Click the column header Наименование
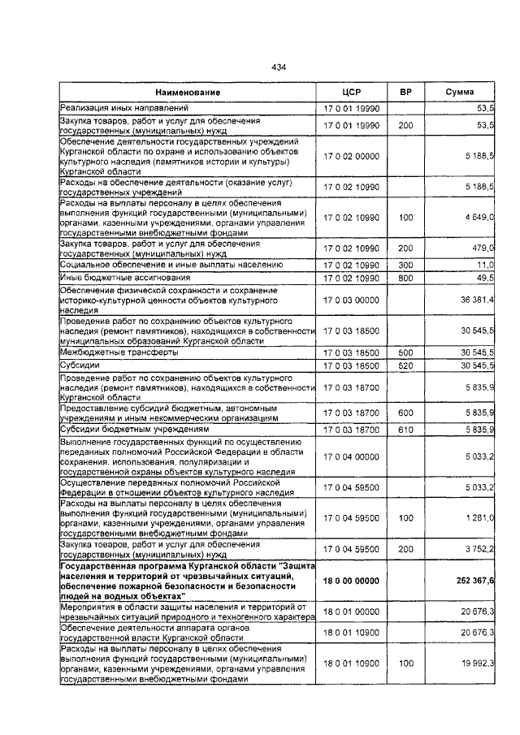point(188,93)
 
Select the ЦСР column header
point(351,93)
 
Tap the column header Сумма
point(459,93)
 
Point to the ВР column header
point(405,93)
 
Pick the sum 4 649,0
point(479,218)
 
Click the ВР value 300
point(405,265)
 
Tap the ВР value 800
point(405,278)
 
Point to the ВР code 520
point(405,365)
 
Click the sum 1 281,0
point(479,517)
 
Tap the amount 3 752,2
point(479,549)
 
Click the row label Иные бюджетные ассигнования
point(119,278)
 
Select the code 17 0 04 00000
point(351,457)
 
